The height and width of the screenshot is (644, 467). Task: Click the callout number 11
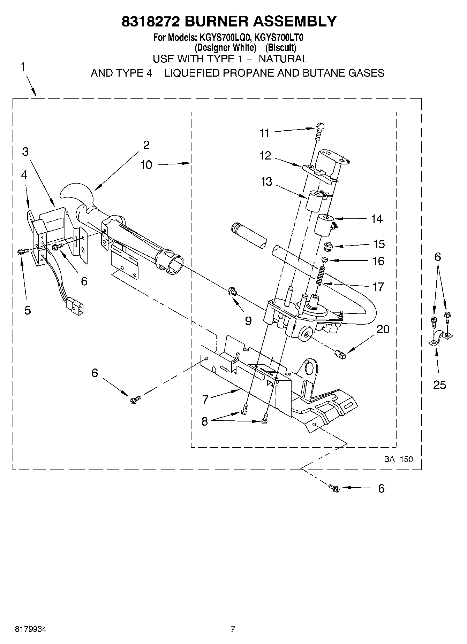coord(265,133)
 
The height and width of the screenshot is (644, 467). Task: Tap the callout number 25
coord(439,385)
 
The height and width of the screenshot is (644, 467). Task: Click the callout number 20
coord(383,329)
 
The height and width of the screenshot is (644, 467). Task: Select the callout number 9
coord(248,320)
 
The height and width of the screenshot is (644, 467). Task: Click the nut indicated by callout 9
coord(231,291)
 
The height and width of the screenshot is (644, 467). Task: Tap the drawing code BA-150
coord(398,459)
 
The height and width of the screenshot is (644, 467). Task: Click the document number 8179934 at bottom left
coord(31,629)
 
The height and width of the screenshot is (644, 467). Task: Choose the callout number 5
coord(28,310)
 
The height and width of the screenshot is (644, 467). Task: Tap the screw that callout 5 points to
coord(20,252)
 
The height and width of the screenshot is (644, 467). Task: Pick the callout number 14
coord(377,219)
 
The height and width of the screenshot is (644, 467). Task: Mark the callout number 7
coord(205,399)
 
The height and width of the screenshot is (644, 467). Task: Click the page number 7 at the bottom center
coord(233,629)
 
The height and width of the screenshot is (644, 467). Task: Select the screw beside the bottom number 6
coord(334,488)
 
